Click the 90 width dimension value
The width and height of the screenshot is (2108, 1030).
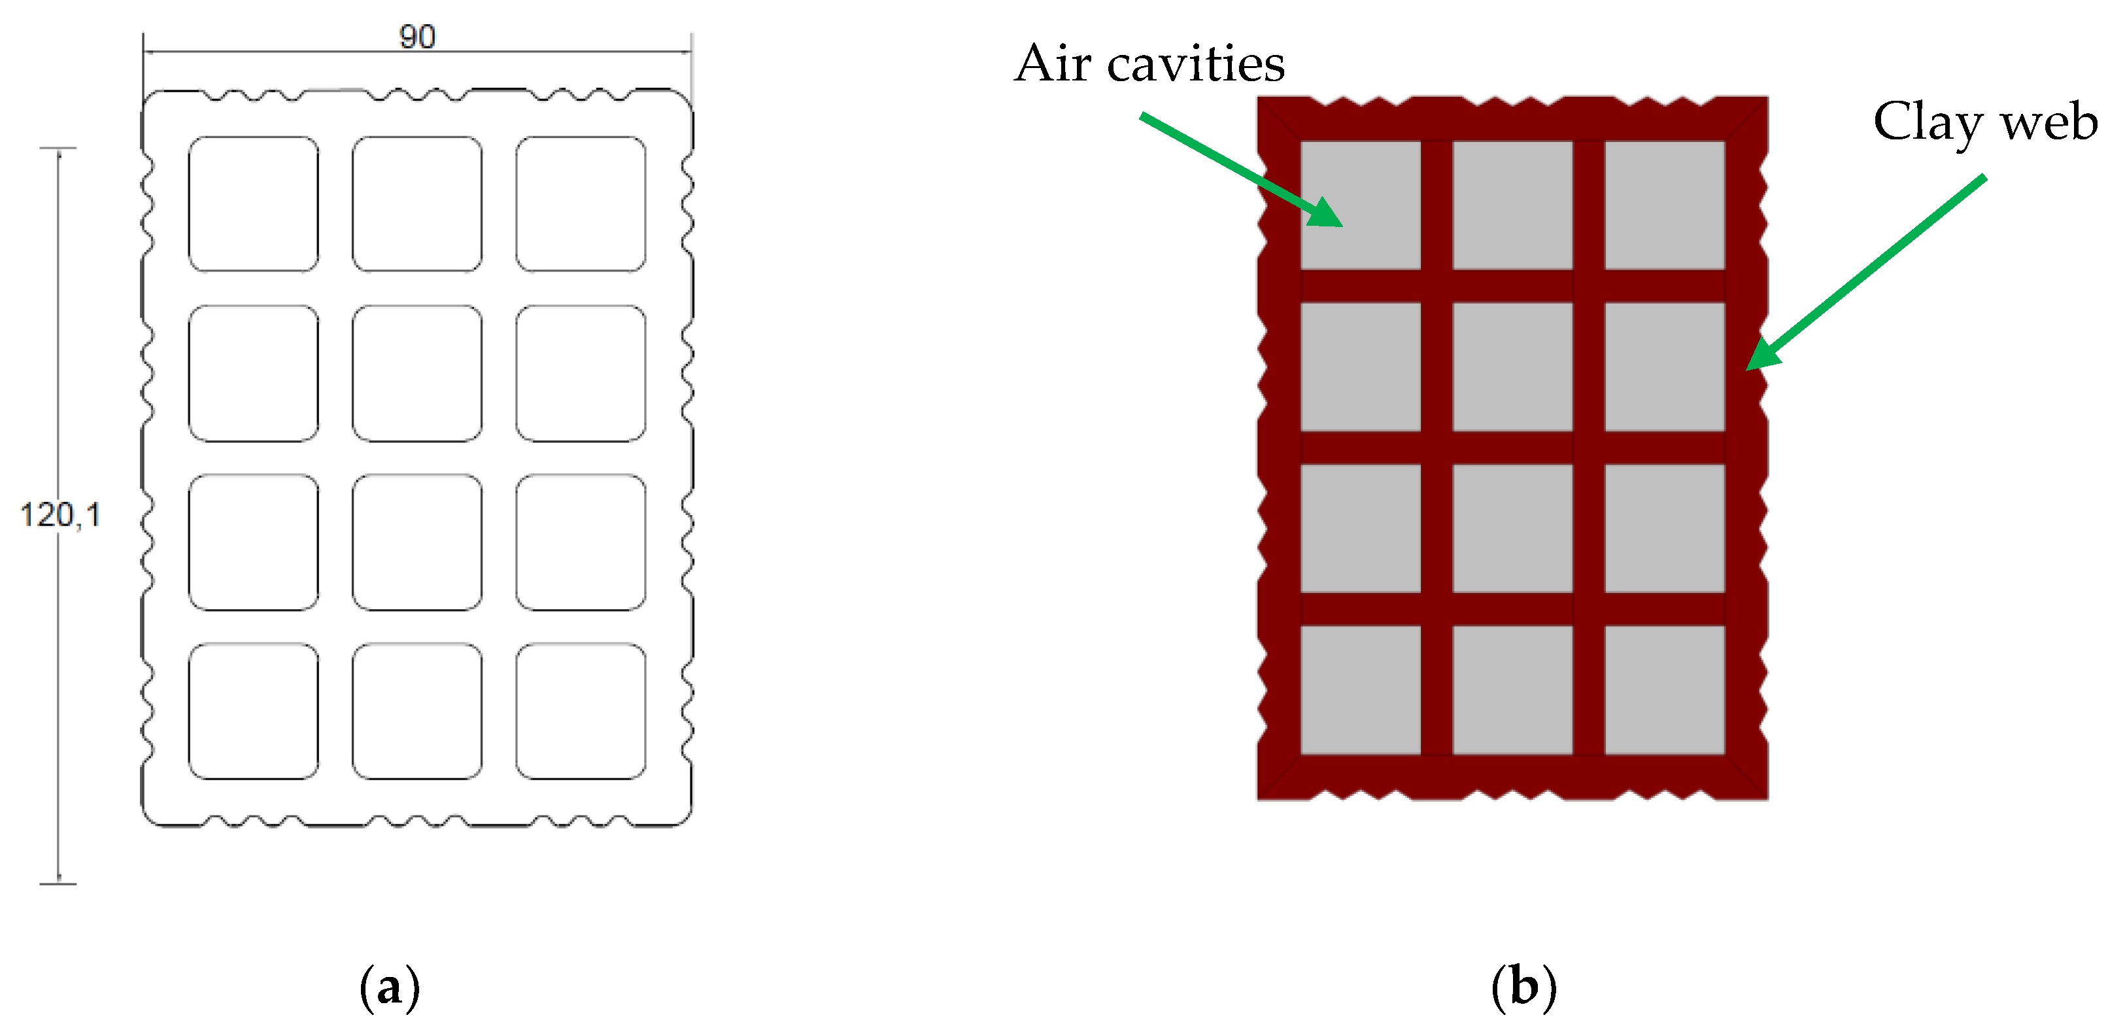tap(416, 37)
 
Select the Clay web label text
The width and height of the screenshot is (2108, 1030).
tap(1984, 123)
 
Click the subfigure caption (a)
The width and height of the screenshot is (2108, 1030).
tap(390, 987)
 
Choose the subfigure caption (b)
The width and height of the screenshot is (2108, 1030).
tap(1523, 987)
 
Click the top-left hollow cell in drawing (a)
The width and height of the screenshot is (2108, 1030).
tap(254, 204)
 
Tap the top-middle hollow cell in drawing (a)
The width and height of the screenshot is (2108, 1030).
tap(417, 204)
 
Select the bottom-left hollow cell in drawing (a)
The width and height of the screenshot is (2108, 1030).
tap(254, 711)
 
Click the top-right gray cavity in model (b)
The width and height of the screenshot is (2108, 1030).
tap(1665, 205)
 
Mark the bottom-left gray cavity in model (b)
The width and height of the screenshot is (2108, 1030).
tap(1360, 690)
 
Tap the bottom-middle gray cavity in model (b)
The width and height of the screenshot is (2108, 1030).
tap(1512, 690)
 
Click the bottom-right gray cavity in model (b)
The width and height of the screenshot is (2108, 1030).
tap(1665, 690)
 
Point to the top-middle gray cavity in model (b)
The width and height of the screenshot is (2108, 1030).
tap(1512, 205)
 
